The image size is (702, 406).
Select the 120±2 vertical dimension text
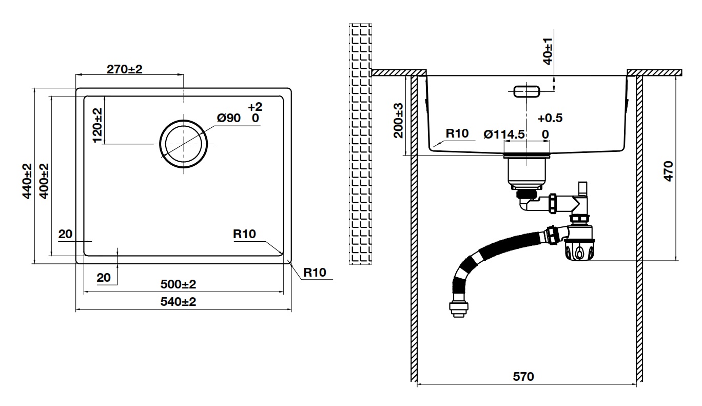[x=98, y=126]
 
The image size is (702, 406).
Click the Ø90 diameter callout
[x=228, y=119]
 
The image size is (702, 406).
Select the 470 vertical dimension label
[x=667, y=170]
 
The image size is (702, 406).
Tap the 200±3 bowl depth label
[x=399, y=120]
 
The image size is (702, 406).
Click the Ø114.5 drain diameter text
[x=504, y=134]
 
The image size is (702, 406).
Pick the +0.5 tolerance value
[x=550, y=118]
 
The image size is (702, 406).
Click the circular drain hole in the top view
[x=183, y=144]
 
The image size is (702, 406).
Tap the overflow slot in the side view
[x=526, y=91]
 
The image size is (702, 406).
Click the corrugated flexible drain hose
[x=493, y=257]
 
